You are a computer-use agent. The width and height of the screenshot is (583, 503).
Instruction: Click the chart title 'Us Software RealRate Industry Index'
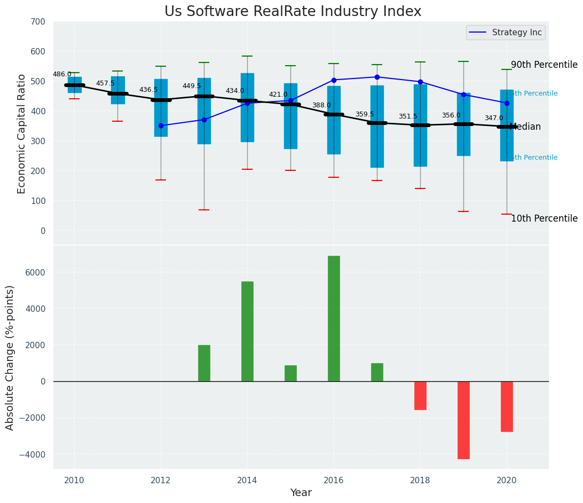[x=293, y=12]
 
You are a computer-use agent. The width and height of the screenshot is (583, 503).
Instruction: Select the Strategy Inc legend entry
[x=505, y=33]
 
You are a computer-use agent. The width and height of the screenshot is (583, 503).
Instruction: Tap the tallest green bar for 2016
[x=334, y=318]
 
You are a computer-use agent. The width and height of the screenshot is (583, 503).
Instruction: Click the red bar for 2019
[x=463, y=420]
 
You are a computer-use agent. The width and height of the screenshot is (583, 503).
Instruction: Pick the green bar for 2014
[x=247, y=331]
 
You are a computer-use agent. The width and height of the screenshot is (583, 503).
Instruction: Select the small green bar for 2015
[x=290, y=373]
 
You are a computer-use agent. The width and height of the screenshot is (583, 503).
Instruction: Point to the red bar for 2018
[x=420, y=396]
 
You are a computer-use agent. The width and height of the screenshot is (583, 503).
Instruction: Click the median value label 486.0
[x=62, y=74]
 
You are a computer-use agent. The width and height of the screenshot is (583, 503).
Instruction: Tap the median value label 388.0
[x=321, y=105]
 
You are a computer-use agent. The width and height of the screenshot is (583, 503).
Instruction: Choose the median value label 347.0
[x=494, y=118]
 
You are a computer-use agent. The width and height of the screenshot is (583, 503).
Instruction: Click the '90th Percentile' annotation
[x=544, y=65]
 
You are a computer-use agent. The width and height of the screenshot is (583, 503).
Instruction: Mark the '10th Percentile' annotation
[x=544, y=218]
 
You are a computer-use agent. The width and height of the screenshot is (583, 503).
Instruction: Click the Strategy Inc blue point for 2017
[x=377, y=77]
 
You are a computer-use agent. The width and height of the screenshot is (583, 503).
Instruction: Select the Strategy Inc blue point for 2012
[x=161, y=125]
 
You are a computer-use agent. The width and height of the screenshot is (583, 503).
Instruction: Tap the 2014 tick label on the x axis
[x=247, y=480]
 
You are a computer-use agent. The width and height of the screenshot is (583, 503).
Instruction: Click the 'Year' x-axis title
[x=301, y=493]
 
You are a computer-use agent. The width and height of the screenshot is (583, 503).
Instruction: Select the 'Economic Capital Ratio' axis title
[x=22, y=133]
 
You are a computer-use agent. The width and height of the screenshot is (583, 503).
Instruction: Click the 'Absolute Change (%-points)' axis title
[x=10, y=357]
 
